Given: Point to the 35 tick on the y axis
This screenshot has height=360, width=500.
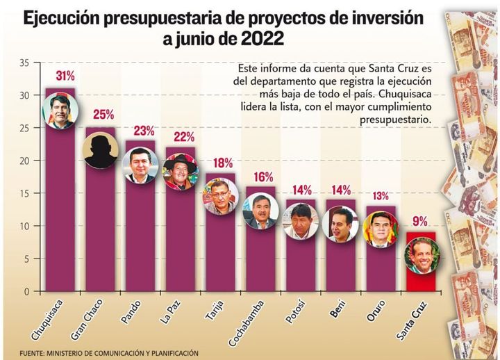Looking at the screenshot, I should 24,63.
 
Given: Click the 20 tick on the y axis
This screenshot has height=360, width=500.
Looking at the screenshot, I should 24,161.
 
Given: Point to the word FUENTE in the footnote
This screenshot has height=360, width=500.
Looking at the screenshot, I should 33,352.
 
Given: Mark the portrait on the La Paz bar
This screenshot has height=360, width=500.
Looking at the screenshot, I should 180,171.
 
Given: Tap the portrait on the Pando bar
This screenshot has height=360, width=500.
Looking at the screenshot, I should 140,166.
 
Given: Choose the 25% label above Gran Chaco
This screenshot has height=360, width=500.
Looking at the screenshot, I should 100,115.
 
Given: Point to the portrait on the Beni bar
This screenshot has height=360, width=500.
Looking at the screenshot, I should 340,223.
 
